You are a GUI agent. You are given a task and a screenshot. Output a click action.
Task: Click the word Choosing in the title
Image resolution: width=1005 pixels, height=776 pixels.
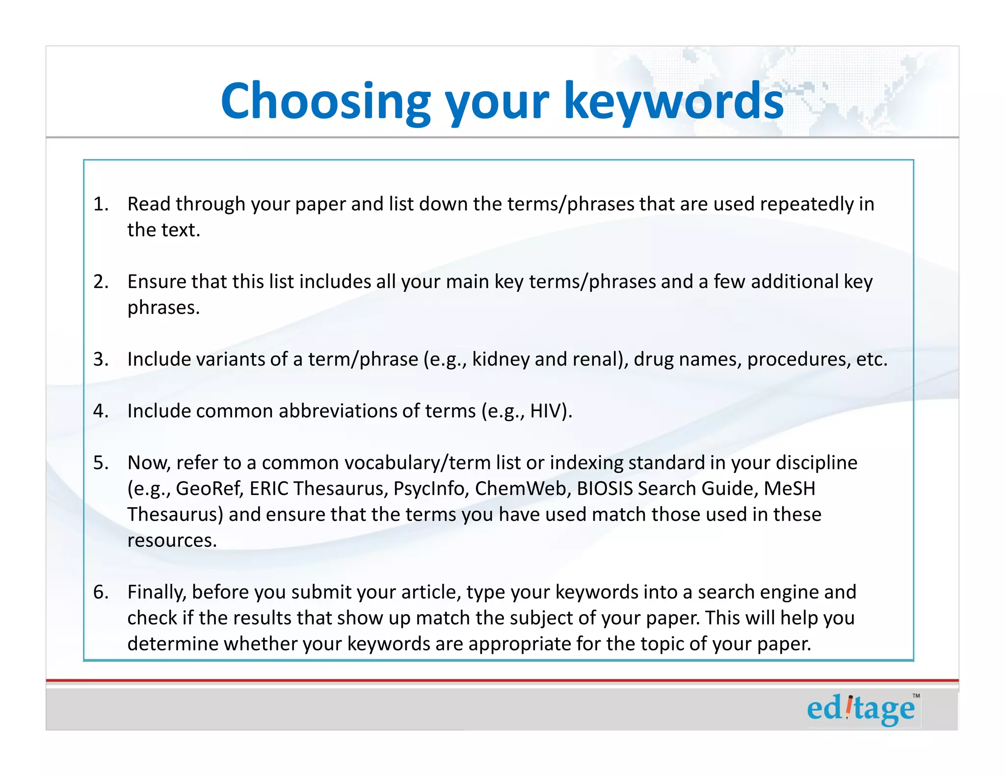click(x=325, y=102)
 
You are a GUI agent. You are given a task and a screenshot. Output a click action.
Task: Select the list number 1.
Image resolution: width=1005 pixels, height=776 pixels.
click(x=101, y=204)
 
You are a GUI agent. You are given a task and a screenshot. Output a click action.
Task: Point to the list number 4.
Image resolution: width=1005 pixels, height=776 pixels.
click(x=101, y=411)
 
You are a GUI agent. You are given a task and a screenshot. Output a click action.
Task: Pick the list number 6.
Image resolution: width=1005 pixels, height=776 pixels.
click(x=101, y=592)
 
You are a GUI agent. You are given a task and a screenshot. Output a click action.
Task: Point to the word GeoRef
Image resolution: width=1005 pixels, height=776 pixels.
click(x=209, y=489)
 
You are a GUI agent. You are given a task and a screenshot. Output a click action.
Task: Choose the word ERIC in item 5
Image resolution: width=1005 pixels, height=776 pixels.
click(x=269, y=489)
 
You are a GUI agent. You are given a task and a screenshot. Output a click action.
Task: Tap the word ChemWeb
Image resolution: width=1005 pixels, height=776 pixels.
click(x=520, y=489)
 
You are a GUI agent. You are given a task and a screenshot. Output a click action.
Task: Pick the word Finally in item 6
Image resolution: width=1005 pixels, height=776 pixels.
click(x=157, y=592)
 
